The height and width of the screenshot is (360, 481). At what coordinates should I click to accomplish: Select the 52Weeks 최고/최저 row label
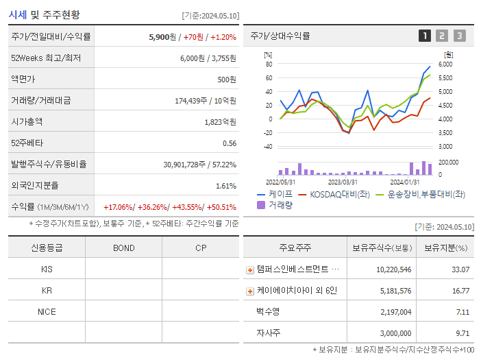tap(45, 58)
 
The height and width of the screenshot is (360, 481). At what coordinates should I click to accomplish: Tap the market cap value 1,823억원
tap(220, 122)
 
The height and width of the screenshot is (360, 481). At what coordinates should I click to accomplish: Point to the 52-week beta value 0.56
tap(229, 143)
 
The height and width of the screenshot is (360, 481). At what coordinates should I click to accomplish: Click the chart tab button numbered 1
tap(425, 36)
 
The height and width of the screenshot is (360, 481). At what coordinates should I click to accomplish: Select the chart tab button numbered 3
tap(459, 36)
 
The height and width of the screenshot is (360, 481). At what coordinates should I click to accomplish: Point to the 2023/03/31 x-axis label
tap(343, 182)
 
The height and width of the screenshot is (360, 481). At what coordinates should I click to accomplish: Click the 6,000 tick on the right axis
tap(445, 64)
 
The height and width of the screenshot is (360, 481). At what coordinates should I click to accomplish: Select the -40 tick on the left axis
tap(268, 146)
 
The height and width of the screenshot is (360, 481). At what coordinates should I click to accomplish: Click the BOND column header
tap(123, 248)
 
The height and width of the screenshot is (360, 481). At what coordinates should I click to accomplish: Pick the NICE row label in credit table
tap(47, 311)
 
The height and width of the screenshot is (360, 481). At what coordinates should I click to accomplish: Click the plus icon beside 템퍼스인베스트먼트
tap(250, 269)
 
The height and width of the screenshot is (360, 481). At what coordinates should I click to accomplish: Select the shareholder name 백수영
tap(269, 312)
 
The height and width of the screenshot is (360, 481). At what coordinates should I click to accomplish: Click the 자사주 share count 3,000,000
tap(394, 333)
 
